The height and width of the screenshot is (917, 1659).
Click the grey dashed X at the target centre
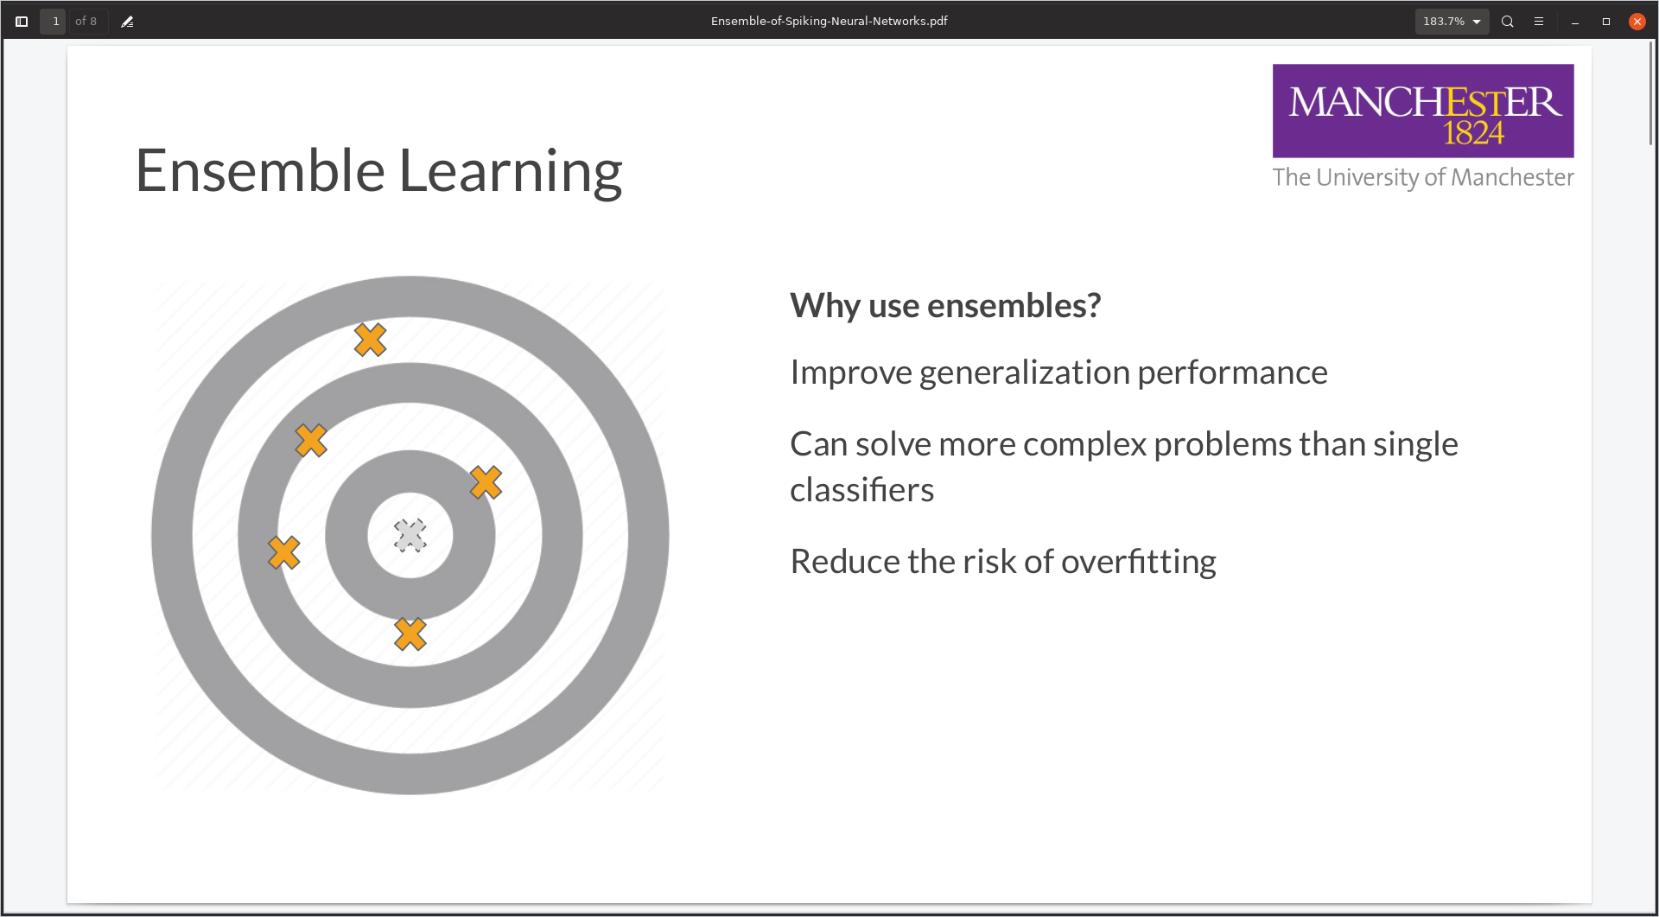(410, 536)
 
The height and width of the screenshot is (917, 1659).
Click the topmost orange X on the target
(370, 340)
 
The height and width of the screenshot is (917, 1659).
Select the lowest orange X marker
(410, 634)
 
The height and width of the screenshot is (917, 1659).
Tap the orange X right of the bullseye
(486, 482)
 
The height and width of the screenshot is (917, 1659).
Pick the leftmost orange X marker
(283, 552)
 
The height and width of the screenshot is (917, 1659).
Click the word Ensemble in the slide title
(259, 171)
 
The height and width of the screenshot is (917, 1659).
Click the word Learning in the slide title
(510, 171)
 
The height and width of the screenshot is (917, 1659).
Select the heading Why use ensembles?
(945, 306)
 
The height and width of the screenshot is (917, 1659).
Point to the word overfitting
(1138, 562)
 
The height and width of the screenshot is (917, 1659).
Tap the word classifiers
(861, 490)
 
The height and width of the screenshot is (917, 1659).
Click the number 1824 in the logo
(1473, 133)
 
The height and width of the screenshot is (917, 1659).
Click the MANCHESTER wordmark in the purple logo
(1424, 102)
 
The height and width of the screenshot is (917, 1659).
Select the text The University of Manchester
(1422, 177)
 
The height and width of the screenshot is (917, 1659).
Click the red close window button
(1637, 22)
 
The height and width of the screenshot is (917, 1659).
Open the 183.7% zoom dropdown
(1452, 22)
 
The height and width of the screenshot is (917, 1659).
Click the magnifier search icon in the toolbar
(1507, 22)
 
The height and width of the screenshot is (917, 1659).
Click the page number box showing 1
(54, 22)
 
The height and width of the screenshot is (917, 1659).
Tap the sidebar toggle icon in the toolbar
(22, 22)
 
